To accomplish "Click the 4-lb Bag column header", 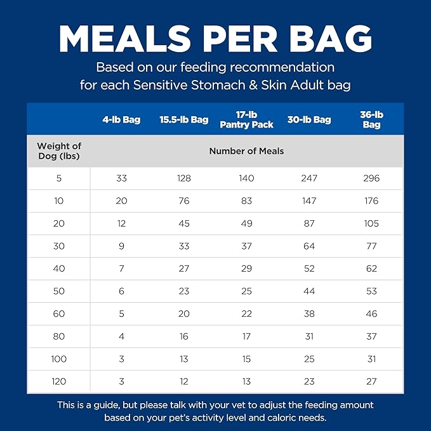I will [x=121, y=119].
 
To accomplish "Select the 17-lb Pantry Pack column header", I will [x=246, y=119].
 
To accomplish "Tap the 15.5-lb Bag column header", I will [x=183, y=119].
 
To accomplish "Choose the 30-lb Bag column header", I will [x=309, y=119].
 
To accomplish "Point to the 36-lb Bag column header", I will [x=371, y=119].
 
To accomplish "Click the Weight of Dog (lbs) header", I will [x=59, y=151].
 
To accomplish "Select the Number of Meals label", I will [x=246, y=151].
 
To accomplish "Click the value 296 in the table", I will [x=371, y=178].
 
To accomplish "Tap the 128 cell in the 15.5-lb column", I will [x=183, y=178].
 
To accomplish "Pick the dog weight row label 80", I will [x=59, y=336].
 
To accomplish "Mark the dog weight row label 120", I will [x=59, y=381].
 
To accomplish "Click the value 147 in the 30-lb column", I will [x=309, y=201].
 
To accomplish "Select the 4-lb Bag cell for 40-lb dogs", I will [x=121, y=269].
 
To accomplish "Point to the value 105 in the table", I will [x=371, y=223].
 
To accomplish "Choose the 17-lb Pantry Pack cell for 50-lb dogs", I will [x=246, y=291].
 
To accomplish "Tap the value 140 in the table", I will [x=246, y=178].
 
